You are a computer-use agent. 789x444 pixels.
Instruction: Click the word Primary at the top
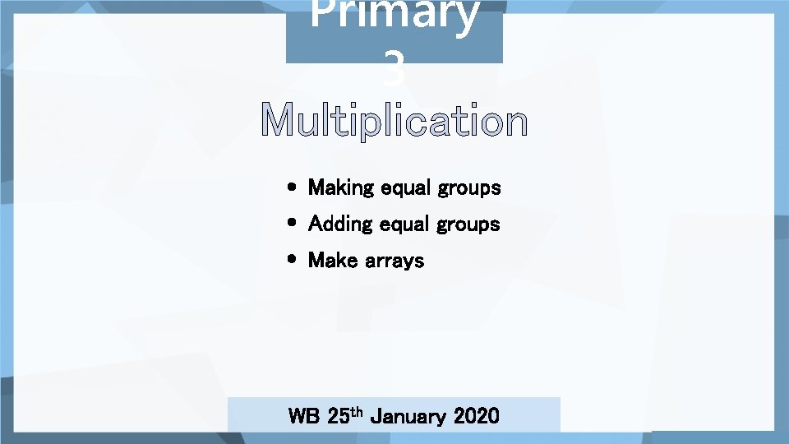tap(394, 16)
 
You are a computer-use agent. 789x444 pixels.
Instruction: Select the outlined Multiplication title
tap(394, 123)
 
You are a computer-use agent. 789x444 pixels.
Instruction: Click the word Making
tap(340, 188)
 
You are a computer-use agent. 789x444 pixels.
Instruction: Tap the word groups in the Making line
tap(468, 189)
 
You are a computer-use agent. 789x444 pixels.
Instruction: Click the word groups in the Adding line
tap(468, 225)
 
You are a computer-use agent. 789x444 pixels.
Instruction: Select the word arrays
tap(394, 261)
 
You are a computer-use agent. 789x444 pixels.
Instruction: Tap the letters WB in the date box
tap(304, 416)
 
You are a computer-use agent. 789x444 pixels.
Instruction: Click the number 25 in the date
tap(337, 416)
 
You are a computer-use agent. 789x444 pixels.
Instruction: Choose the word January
tap(406, 416)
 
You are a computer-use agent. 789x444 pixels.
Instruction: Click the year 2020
tap(476, 416)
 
